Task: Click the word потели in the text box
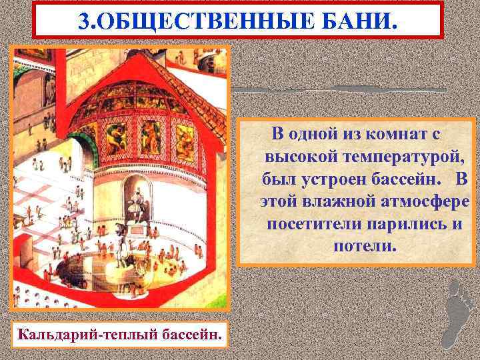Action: (364, 245)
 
